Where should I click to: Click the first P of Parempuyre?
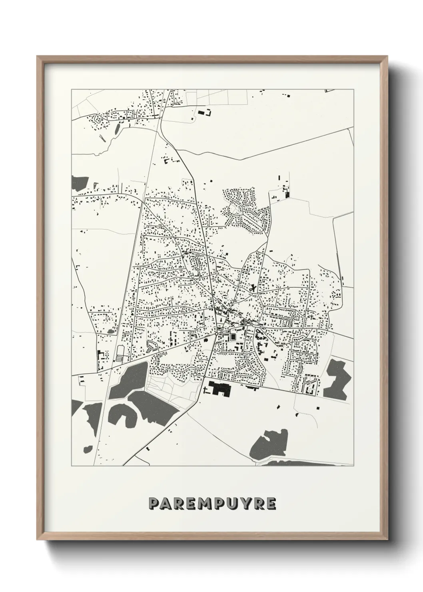point(153,504)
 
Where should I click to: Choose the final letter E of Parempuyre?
point(271,504)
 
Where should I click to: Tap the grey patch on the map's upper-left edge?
point(79,183)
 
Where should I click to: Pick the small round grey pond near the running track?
point(110,331)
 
